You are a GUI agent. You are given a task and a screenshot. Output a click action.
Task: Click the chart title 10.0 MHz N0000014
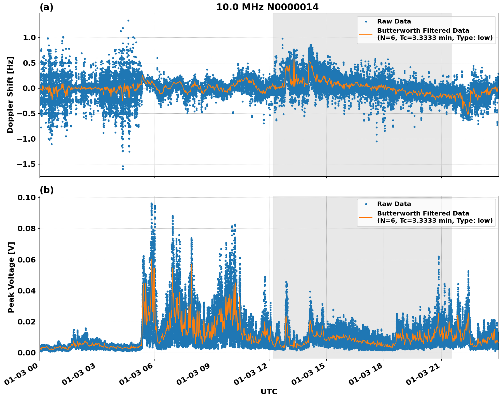(267, 7)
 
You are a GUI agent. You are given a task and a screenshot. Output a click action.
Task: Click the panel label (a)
(46, 7)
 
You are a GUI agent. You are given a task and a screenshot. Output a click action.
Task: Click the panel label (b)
(46, 190)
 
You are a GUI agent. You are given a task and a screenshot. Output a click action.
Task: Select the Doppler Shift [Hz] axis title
(10, 95)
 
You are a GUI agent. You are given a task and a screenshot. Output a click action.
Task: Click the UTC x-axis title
(269, 392)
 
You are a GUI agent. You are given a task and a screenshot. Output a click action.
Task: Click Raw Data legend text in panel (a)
(394, 21)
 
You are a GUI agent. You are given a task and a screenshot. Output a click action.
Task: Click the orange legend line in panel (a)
(366, 34)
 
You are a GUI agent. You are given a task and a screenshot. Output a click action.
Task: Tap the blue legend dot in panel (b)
(366, 204)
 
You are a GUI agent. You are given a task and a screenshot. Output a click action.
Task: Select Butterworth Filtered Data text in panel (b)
(423, 213)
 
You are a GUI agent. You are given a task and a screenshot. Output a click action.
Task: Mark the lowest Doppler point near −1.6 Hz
(123, 169)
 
